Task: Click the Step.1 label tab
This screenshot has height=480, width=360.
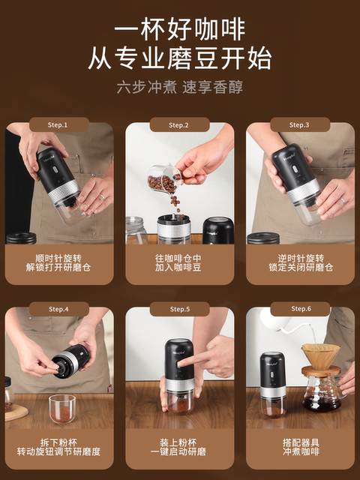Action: [58, 124]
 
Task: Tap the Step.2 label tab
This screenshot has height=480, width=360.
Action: [179, 124]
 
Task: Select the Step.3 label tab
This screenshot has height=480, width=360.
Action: [299, 124]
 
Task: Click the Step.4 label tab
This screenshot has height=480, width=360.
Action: [58, 309]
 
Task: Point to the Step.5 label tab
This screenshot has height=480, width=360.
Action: [179, 309]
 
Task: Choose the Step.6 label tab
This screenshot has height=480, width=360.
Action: [299, 309]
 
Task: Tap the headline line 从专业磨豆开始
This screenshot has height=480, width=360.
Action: [179, 58]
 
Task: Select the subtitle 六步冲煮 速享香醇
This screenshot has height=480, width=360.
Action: [179, 86]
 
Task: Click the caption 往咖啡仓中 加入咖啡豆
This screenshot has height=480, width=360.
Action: [179, 262]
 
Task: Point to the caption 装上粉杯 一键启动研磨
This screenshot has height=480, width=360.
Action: [179, 446]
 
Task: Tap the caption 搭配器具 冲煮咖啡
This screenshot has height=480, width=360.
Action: [299, 446]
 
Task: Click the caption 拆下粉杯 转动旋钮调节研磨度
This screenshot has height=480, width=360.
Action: [58, 446]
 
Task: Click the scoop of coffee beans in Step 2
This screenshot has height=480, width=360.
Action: [163, 181]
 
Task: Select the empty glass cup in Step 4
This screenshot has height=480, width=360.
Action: [61, 408]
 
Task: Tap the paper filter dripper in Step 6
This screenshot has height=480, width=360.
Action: [320, 355]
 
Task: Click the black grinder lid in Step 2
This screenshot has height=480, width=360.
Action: [217, 229]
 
